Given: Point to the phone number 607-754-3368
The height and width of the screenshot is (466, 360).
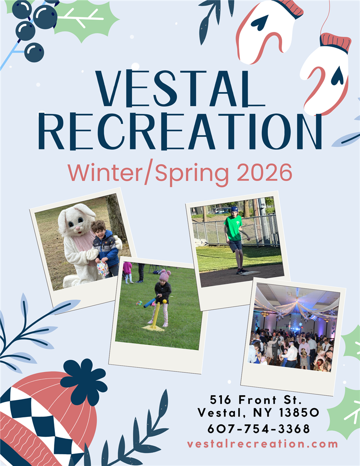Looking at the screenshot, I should coord(259,428).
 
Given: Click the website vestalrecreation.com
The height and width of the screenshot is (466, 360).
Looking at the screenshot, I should coord(262,443).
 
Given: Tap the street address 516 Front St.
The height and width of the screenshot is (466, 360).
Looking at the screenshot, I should coord(255,399).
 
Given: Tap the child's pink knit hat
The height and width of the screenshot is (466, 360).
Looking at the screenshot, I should coord(165,276).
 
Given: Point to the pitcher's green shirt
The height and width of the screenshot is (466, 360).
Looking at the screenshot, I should coord(233,228).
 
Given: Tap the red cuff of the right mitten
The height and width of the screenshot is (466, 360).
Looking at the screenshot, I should coord(335,42).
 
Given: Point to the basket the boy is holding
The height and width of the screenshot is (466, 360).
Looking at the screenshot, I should coord(103,269).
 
